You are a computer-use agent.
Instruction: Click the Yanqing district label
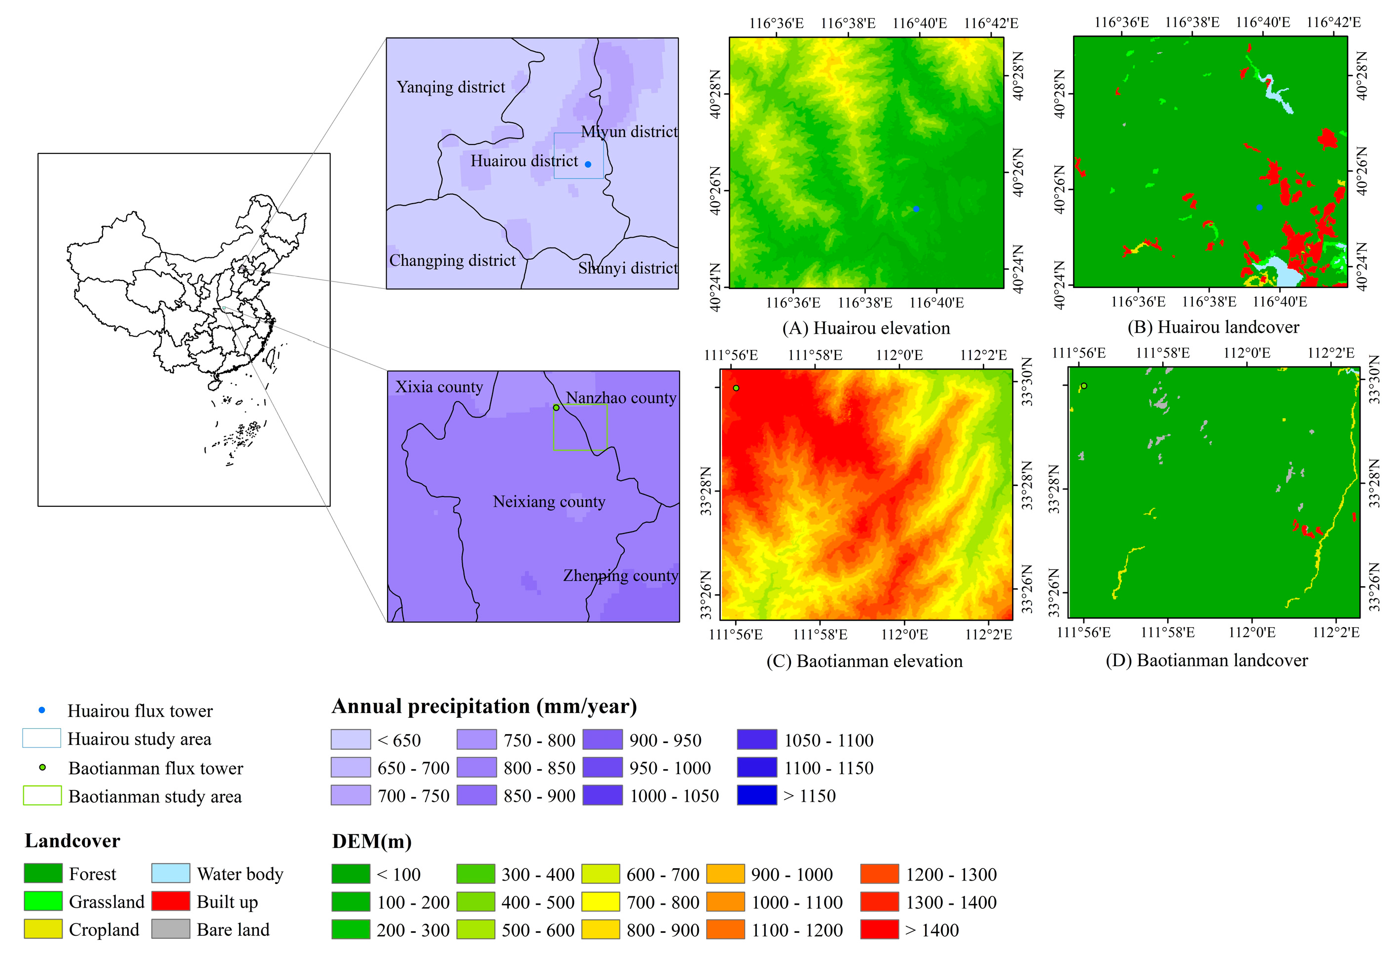pos(451,88)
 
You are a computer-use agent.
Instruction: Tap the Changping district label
pos(452,260)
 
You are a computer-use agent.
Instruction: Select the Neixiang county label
pos(549,502)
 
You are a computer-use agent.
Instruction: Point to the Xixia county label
pos(439,387)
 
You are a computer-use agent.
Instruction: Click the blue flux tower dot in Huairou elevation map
pos(916,209)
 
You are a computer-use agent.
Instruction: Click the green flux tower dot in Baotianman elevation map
pos(736,389)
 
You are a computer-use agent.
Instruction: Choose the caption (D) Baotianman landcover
pos(1207,660)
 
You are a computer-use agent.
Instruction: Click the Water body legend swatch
pos(171,873)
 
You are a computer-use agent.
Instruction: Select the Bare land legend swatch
pos(171,929)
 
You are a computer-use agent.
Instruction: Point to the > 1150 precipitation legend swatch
pos(757,795)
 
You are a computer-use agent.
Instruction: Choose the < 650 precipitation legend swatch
pos(351,740)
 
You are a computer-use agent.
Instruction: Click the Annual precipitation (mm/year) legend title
pos(484,707)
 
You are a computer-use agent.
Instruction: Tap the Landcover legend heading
pos(72,841)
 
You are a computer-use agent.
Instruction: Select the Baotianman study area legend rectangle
pos(42,795)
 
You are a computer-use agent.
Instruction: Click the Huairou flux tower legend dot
pos(42,710)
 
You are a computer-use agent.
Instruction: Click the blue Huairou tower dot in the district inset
pos(588,164)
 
